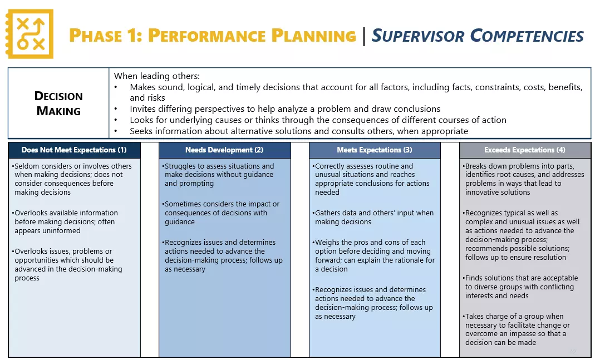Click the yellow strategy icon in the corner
29,34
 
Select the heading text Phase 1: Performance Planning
212,36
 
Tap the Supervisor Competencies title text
477,36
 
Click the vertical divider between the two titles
363,36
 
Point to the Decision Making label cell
58,103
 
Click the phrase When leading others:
156,76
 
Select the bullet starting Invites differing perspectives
284,109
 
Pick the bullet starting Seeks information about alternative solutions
298,131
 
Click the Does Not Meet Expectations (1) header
74,150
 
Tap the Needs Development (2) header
224,150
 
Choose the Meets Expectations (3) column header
375,150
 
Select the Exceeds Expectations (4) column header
524,150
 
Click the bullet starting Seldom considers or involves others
73,179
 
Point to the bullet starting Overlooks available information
66,221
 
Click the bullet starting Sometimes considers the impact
222,213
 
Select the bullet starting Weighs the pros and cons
374,255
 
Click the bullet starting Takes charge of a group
517,329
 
